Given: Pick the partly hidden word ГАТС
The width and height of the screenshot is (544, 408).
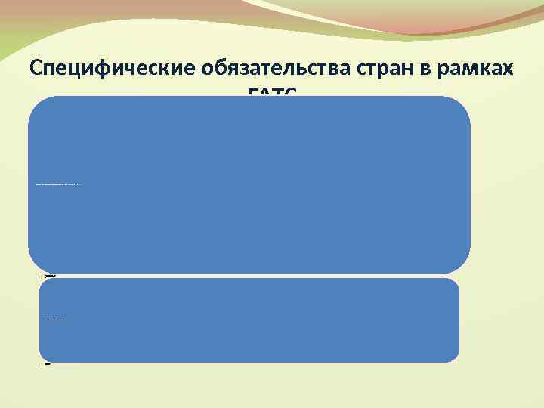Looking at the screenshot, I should (272, 92).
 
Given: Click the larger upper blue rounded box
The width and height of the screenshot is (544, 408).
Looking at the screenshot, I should (249, 219).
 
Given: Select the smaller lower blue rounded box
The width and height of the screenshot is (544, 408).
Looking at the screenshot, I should (249, 332).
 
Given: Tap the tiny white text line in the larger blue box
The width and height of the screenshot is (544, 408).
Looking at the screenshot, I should (58, 184).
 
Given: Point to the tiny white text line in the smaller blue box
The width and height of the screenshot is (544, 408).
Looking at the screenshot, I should (52, 320).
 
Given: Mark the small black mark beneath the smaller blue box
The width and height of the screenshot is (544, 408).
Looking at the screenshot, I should (45, 365).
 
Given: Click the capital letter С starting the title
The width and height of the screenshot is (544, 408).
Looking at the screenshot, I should (38, 67).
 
